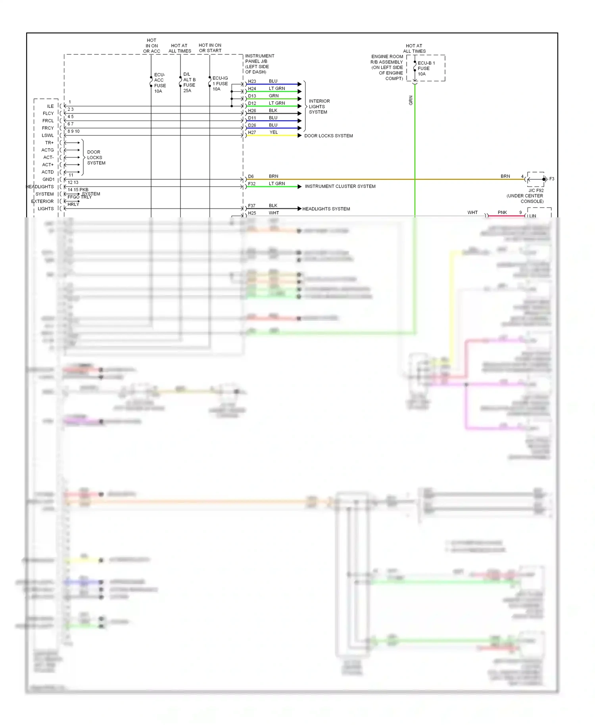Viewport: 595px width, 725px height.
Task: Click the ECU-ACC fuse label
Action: [160, 83]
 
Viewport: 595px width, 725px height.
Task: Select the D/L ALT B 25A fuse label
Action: [189, 82]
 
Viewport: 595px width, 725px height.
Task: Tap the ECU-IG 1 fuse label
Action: [220, 83]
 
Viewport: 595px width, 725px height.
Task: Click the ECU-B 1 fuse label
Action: [426, 68]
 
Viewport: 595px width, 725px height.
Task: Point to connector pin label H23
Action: [252, 81]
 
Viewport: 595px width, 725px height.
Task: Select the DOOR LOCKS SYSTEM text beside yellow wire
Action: [328, 136]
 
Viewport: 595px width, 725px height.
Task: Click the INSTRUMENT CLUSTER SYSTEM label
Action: [340, 186]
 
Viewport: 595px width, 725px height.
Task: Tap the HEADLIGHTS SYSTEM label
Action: [326, 209]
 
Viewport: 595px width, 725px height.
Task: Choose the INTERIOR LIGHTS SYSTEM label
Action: [319, 107]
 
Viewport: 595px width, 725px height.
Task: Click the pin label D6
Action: [251, 176]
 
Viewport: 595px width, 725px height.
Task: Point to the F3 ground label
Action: [551, 179]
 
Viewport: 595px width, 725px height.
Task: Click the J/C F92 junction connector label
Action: [535, 190]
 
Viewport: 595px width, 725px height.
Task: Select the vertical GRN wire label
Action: [411, 100]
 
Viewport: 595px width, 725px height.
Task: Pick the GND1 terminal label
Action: [48, 179]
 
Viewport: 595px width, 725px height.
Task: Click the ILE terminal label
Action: [50, 106]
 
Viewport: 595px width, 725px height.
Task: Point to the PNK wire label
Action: [502, 213]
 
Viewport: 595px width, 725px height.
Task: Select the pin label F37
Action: [251, 206]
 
